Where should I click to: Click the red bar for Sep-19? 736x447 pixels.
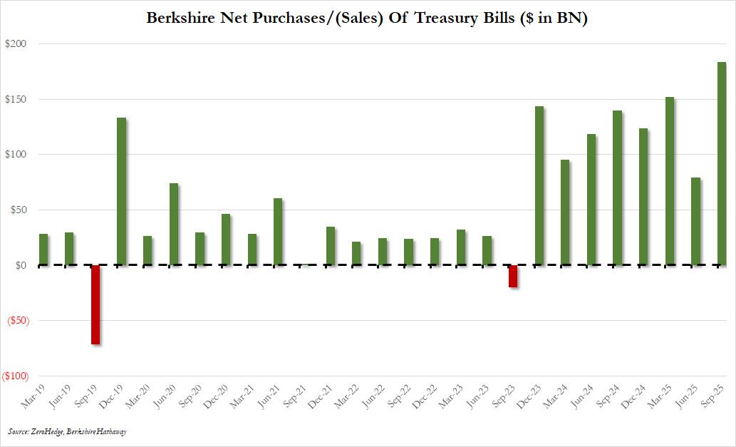pyautogui.click(x=95, y=304)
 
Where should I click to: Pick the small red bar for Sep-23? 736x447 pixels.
pyautogui.click(x=513, y=276)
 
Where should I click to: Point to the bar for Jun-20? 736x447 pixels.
pyautogui.click(x=174, y=224)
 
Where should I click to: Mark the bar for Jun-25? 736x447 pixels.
pyautogui.click(x=695, y=221)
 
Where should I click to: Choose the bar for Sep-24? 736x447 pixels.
pyautogui.click(x=617, y=187)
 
